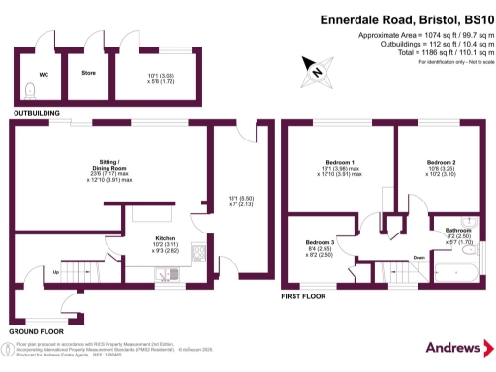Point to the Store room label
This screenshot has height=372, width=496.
pyautogui.click(x=87, y=72)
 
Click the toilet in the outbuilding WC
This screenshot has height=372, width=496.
pyautogui.click(x=31, y=91)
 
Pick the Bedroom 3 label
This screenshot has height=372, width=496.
pyautogui.click(x=321, y=241)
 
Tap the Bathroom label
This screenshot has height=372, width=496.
pyautogui.click(x=459, y=230)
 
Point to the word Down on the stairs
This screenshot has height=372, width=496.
pyautogui.click(x=418, y=257)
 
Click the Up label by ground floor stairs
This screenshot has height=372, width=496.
pyautogui.click(x=55, y=272)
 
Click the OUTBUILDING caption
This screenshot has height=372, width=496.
pyautogui.click(x=36, y=114)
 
